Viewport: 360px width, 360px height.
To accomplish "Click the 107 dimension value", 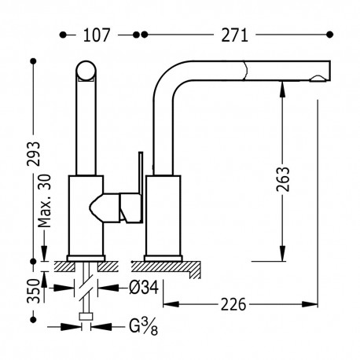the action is [x=96, y=35].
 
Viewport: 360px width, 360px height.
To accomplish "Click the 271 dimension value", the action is [x=234, y=35].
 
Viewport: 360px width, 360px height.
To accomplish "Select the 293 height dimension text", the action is [x=34, y=154].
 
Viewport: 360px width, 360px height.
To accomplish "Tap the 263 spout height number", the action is [x=283, y=179].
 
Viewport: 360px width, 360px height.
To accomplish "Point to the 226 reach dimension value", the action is [x=233, y=304].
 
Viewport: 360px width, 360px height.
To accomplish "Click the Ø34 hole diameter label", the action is [x=144, y=288].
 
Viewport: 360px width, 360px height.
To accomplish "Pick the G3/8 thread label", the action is [x=143, y=327].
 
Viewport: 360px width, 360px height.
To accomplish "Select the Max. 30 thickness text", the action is [x=44, y=200].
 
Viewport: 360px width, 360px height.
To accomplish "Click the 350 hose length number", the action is [x=34, y=291].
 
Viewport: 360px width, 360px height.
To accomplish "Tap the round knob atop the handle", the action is [x=86, y=71].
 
